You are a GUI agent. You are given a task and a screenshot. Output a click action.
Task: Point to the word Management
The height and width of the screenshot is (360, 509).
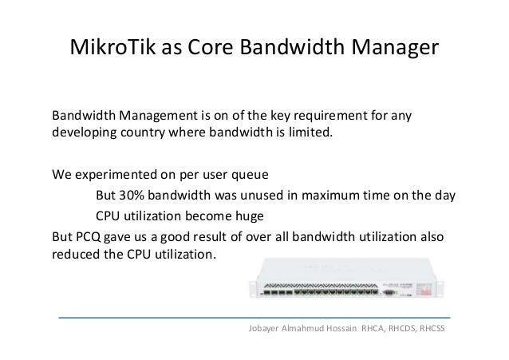[x=157, y=114]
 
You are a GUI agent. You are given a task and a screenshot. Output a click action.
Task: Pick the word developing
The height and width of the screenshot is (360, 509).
[x=81, y=132]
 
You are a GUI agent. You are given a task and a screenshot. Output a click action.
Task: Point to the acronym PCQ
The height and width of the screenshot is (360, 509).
[x=90, y=237]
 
